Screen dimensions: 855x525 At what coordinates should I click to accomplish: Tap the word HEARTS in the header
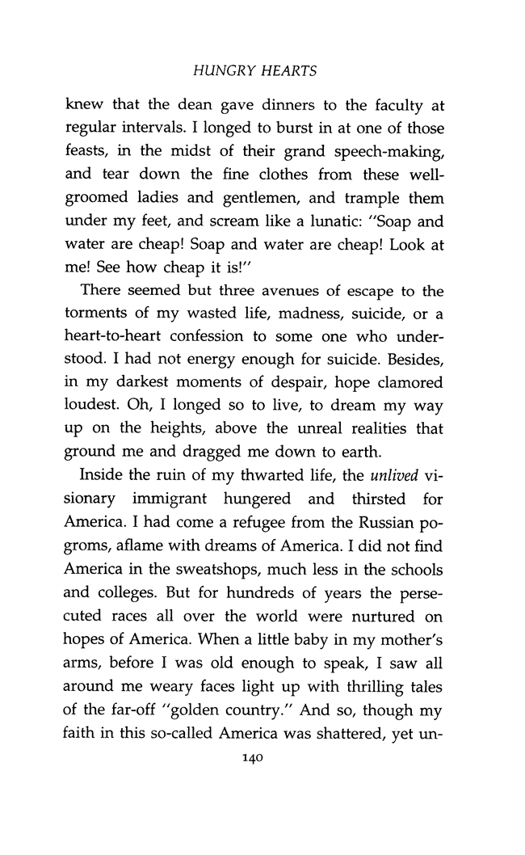(288, 72)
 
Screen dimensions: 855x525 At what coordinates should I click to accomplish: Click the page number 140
(255, 758)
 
